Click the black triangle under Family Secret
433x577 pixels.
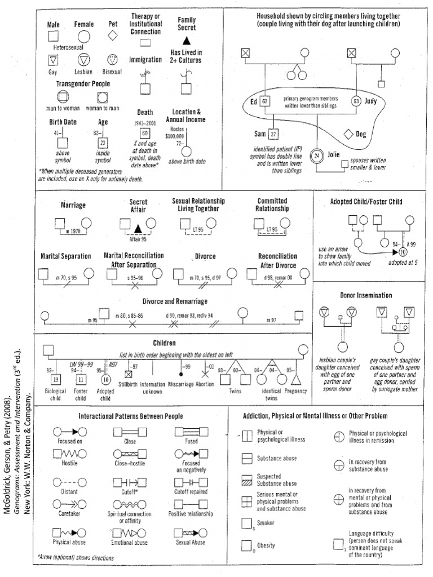coord(187,41)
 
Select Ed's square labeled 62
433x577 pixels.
coord(265,101)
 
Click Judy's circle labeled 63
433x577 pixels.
coord(356,101)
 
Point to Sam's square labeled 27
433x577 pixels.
coord(273,134)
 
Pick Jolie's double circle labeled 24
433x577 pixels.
coord(317,155)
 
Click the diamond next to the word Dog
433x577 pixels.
coord(348,134)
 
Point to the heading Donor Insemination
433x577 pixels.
coord(366,295)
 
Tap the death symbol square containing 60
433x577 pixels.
coord(145,133)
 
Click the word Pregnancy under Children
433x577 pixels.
coord(295,390)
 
